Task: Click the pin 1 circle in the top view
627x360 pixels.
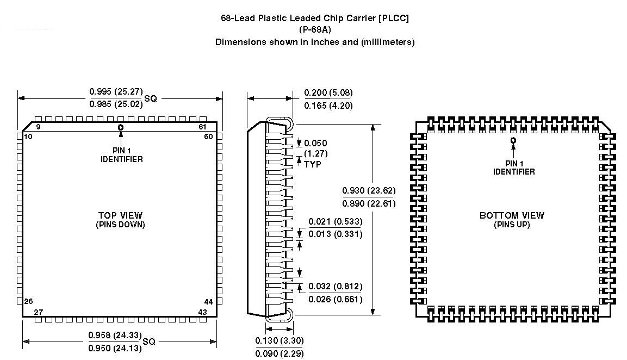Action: click(120, 127)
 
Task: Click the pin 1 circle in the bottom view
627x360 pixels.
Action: click(513, 140)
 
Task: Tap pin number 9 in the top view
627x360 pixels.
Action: click(39, 127)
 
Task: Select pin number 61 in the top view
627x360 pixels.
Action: click(203, 127)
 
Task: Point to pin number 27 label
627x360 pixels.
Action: click(39, 312)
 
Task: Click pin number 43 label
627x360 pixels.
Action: click(203, 312)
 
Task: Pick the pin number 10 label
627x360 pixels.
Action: click(28, 136)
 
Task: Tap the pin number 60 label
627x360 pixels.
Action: click(208, 136)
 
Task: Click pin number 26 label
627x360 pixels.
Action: click(28, 302)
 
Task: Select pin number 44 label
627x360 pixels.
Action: click(208, 302)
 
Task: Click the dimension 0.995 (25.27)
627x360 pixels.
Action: click(115, 92)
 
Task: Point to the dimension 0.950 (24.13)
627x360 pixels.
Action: click(115, 348)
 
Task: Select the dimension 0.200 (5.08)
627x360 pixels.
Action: click(328, 93)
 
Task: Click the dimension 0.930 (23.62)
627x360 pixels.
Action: click(369, 191)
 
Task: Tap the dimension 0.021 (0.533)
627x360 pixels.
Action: click(335, 221)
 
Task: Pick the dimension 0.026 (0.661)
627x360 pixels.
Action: click(335, 299)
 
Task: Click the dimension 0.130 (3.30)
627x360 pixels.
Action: click(279, 340)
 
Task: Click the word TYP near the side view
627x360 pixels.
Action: click(313, 164)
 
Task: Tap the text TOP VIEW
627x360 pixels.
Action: click(120, 215)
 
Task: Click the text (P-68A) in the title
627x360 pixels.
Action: click(315, 30)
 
